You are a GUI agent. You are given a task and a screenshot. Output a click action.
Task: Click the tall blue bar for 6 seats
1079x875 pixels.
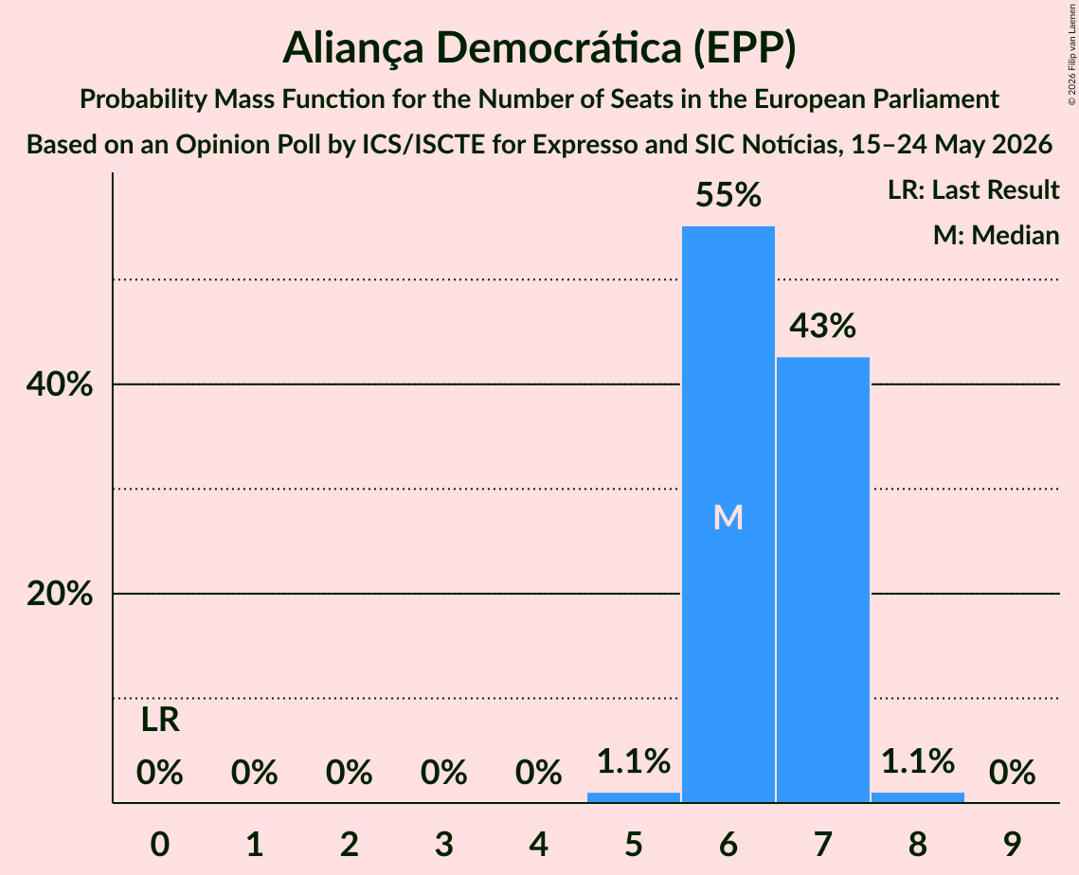tap(728, 514)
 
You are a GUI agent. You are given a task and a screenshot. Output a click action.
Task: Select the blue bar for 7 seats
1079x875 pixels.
tap(823, 580)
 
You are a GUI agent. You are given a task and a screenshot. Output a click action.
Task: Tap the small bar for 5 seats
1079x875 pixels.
tap(633, 797)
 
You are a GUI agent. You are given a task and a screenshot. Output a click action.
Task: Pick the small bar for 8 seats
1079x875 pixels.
tap(918, 797)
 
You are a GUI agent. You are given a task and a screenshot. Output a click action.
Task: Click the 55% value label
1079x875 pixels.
tap(728, 195)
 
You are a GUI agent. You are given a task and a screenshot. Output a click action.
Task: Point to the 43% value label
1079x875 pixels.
tap(823, 326)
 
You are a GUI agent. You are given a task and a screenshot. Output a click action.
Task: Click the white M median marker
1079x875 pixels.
tap(728, 517)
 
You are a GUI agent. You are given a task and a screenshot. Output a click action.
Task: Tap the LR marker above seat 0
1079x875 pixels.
tap(160, 721)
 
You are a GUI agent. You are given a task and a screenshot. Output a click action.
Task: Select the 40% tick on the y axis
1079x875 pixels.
tap(59, 384)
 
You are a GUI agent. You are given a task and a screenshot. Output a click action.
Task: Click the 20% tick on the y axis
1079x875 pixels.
tap(59, 594)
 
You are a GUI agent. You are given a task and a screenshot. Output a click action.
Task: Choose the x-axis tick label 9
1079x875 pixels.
tap(1012, 844)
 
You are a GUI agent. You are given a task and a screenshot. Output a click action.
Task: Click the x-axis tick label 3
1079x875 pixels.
tap(444, 844)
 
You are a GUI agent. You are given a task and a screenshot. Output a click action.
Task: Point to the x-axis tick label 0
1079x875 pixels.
tap(160, 844)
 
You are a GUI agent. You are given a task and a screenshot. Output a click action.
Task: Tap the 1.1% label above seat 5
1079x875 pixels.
tap(633, 760)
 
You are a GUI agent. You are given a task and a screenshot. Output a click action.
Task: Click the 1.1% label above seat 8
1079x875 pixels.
tap(918, 760)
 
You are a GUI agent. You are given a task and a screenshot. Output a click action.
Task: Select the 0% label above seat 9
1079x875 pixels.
tap(1013, 773)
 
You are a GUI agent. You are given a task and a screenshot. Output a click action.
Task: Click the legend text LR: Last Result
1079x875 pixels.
tap(973, 189)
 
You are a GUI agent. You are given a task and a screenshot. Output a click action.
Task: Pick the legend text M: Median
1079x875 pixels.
tap(996, 235)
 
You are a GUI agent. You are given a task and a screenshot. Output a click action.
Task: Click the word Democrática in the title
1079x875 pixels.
tap(558, 47)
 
